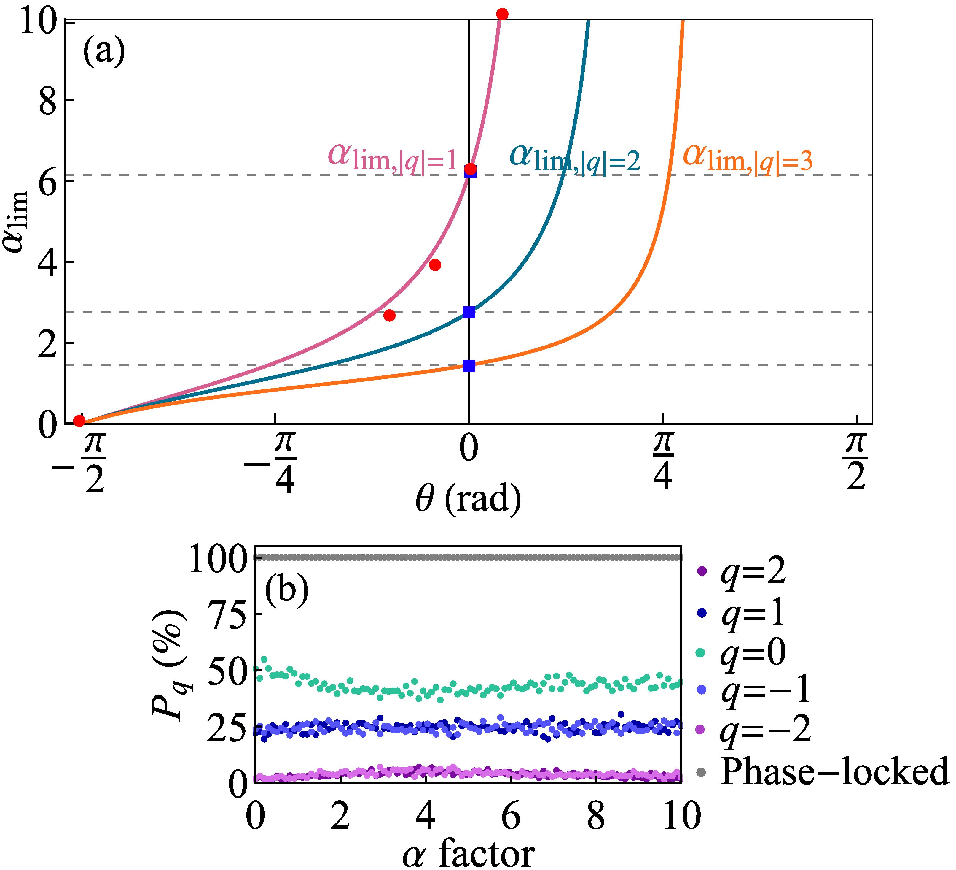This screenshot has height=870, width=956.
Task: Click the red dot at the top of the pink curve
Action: (502, 14)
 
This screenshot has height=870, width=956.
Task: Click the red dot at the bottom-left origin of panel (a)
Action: (79, 421)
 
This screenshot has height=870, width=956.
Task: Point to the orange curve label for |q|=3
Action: (747, 158)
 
